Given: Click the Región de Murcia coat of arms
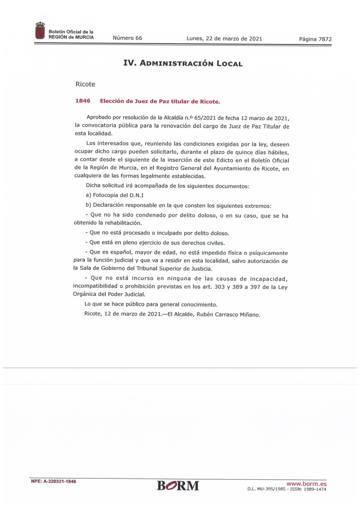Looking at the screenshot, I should click(x=40, y=31).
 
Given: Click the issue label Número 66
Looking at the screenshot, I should click(x=127, y=38).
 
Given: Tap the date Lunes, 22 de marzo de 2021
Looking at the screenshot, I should click(x=224, y=38).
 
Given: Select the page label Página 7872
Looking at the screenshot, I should click(x=315, y=39).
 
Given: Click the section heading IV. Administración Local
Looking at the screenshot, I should click(x=183, y=63).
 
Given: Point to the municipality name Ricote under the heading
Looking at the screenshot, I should click(x=85, y=84).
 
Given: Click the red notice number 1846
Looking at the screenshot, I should click(x=83, y=101).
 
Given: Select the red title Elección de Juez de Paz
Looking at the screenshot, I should click(x=160, y=102).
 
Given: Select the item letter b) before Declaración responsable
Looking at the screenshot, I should click(x=88, y=205).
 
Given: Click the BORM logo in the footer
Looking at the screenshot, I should click(x=178, y=486).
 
